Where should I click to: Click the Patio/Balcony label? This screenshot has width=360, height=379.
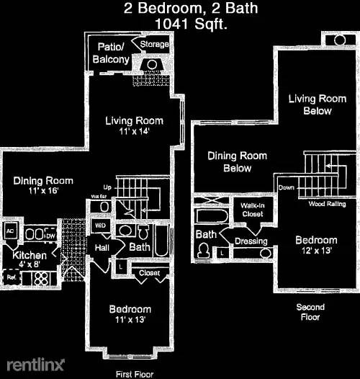tap(111, 53)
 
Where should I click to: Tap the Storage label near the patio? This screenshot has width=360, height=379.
tap(154, 45)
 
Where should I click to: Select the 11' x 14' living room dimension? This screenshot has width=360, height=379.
tap(134, 133)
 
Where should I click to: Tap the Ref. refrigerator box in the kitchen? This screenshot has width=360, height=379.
tap(12, 276)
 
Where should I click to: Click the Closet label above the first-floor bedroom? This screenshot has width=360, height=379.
tap(150, 273)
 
